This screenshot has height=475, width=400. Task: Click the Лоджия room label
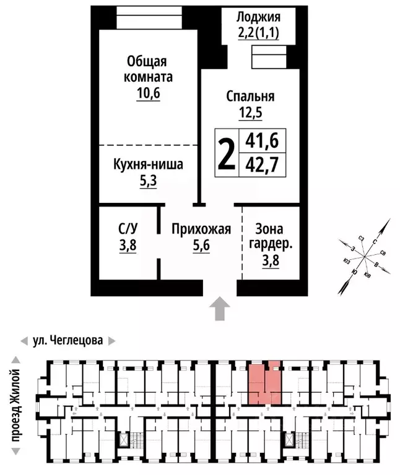259,17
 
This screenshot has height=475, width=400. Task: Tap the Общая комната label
148,70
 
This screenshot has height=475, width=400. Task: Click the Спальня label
250,96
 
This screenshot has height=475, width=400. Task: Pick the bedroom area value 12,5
250,113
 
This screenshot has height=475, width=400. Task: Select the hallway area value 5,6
201,245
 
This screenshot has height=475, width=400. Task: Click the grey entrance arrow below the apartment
219,309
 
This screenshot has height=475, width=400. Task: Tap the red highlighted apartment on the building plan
265,383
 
